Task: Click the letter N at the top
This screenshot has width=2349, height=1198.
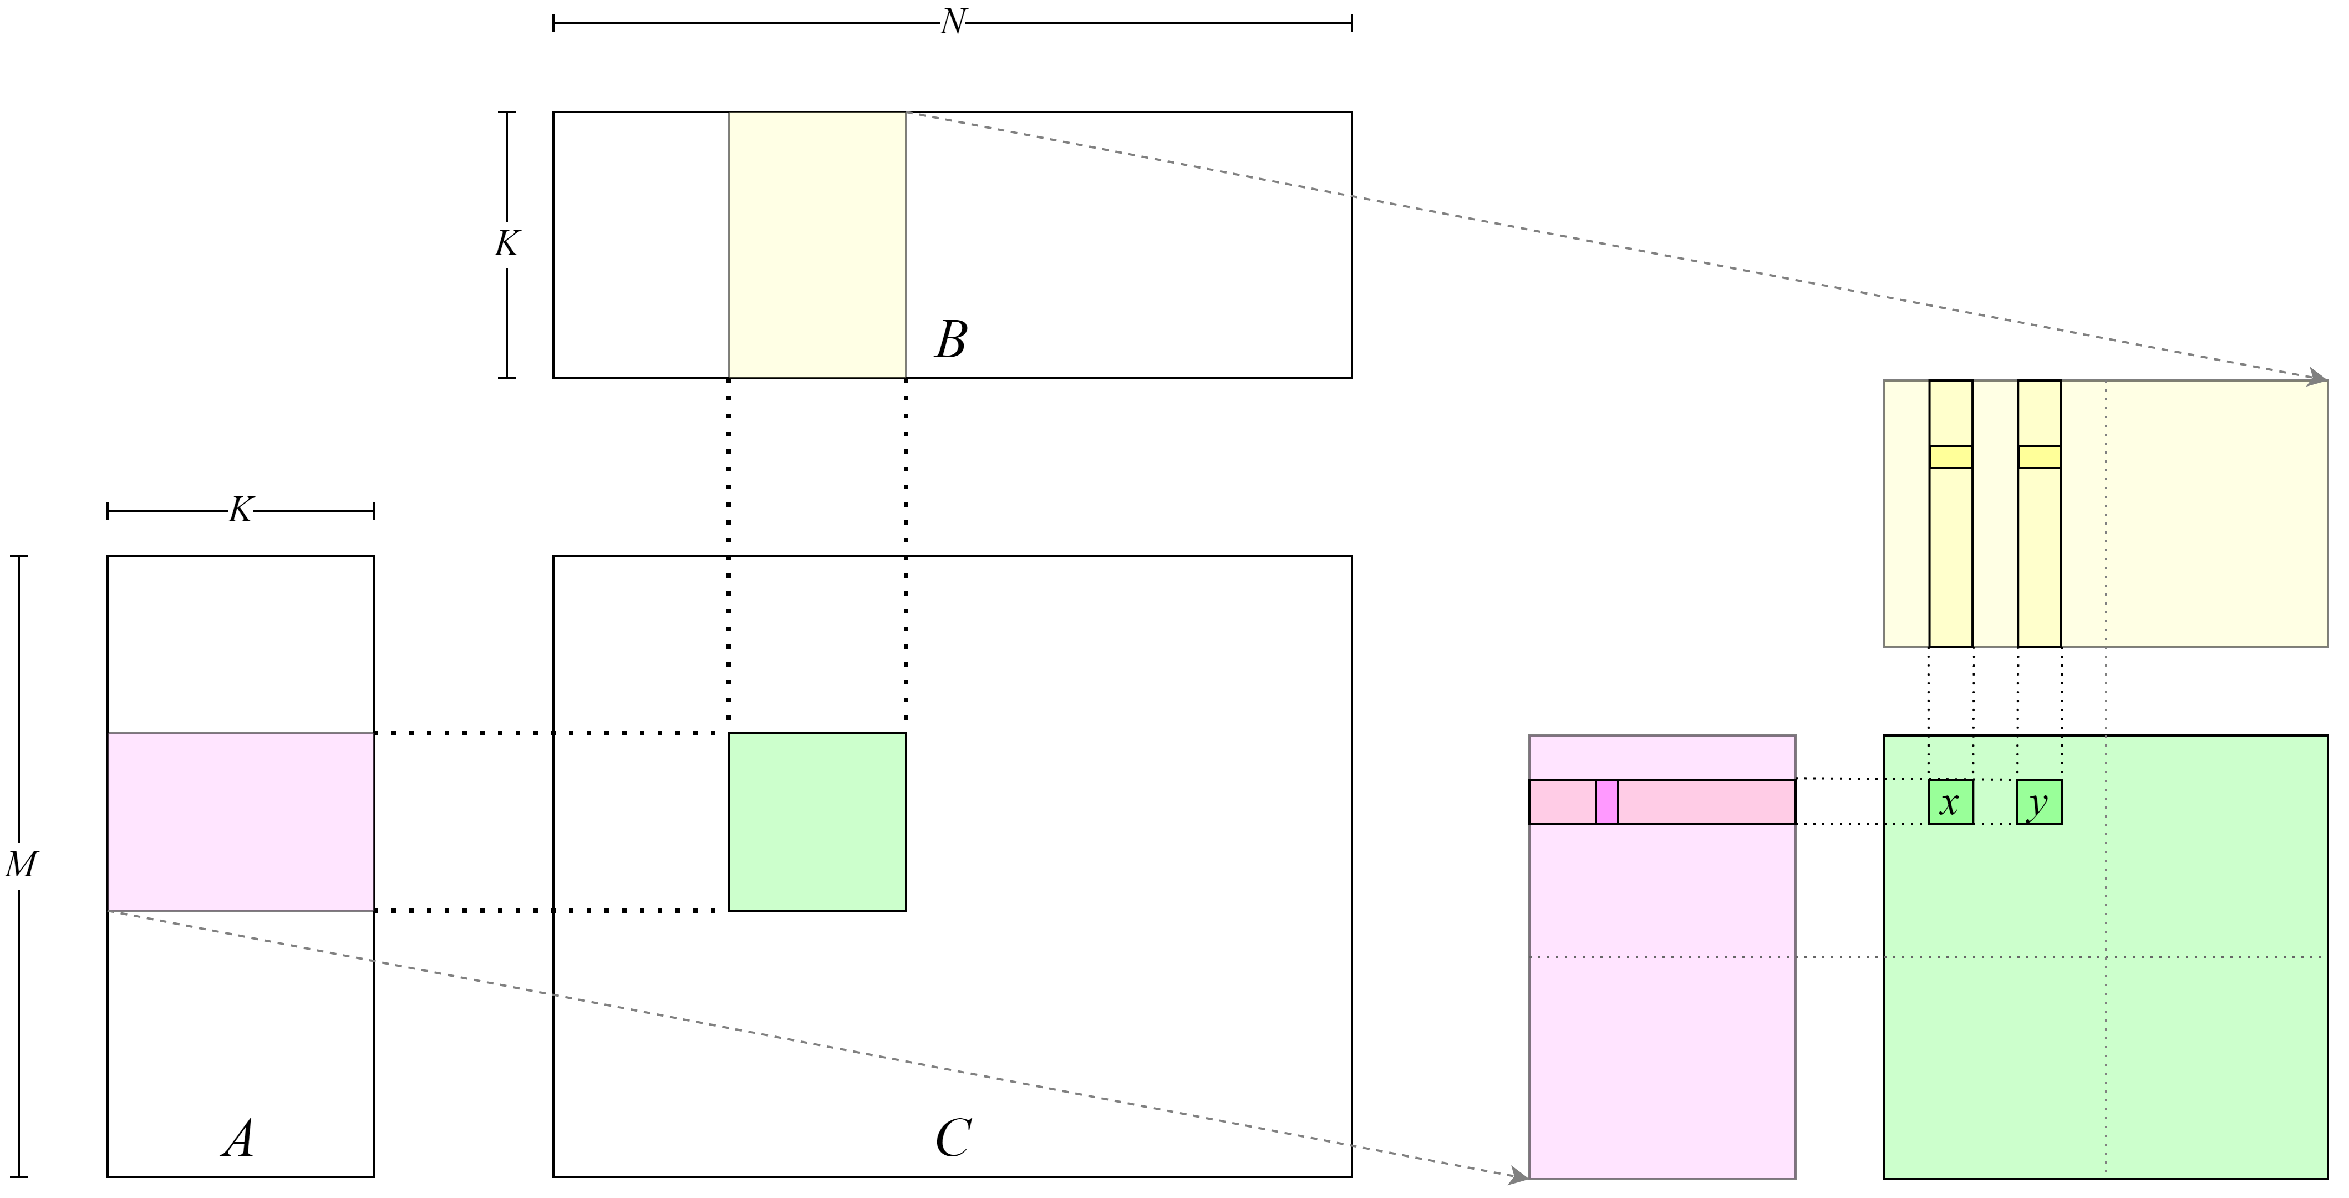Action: click(x=952, y=22)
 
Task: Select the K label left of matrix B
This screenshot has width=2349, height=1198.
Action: click(x=506, y=243)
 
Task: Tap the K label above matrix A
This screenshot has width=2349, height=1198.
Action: click(x=240, y=510)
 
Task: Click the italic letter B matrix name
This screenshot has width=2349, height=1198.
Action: click(x=950, y=340)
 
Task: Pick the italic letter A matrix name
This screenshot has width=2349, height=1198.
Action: click(x=238, y=1139)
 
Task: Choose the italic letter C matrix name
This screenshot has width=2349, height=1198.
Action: click(x=953, y=1139)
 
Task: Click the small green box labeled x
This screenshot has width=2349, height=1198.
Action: click(x=1950, y=803)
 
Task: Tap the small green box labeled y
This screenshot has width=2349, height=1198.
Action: click(x=2039, y=803)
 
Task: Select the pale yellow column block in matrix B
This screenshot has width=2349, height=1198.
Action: click(x=817, y=245)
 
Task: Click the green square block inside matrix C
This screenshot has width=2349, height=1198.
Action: click(x=817, y=821)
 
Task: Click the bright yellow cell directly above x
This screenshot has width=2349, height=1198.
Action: click(x=1950, y=457)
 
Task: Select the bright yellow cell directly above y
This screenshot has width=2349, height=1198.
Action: click(x=2039, y=457)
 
